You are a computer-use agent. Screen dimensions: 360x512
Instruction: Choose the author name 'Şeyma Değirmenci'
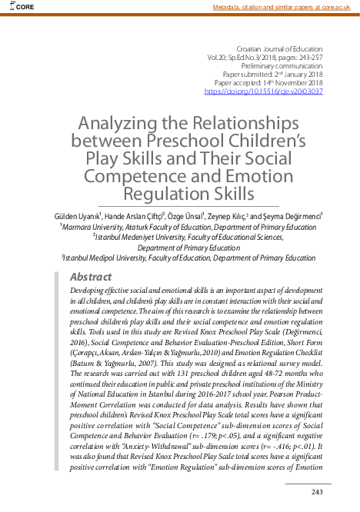point(296,217)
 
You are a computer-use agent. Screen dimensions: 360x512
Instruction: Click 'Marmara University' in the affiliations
point(98,228)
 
